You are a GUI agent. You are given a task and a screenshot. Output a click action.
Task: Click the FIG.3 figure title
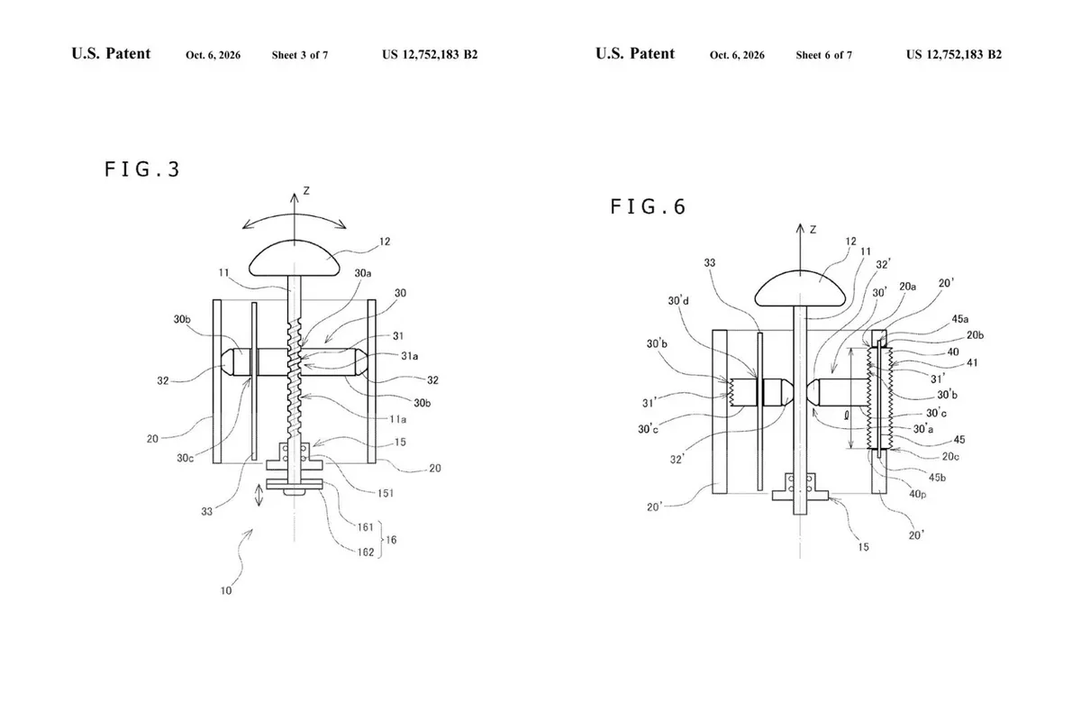[x=142, y=169]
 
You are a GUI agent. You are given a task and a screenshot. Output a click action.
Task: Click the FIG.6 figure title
[x=648, y=206]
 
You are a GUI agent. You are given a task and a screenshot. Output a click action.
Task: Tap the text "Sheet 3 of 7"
[x=300, y=55]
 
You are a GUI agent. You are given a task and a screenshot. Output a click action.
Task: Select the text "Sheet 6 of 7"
[x=823, y=55]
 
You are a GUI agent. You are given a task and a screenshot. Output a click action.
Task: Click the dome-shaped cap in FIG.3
[x=295, y=260]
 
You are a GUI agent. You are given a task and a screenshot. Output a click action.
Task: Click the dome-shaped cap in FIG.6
[x=800, y=288]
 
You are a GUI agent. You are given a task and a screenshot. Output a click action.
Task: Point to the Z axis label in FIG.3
[x=306, y=191]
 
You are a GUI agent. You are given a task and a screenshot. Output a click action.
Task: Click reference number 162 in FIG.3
[x=366, y=552]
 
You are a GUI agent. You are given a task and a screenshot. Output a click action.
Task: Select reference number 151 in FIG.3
[x=386, y=493]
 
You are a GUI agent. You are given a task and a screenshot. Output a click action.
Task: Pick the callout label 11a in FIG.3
[x=397, y=419]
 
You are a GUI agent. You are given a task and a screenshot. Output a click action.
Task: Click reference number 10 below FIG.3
[x=226, y=590]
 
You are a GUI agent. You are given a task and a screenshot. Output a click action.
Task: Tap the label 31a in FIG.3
[x=409, y=356]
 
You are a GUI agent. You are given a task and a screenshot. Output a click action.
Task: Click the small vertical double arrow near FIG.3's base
[x=259, y=496]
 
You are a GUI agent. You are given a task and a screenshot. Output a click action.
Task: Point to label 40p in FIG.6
[x=917, y=494]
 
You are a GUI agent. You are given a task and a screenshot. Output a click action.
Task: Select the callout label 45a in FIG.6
[x=960, y=319]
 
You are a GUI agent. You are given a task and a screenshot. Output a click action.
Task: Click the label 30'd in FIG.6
[x=678, y=301]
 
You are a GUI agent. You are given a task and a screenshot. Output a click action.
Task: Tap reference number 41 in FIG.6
[x=972, y=362]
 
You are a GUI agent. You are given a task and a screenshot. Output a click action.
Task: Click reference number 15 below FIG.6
[x=863, y=547]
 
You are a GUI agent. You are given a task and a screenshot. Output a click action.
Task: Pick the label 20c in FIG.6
[x=950, y=456]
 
